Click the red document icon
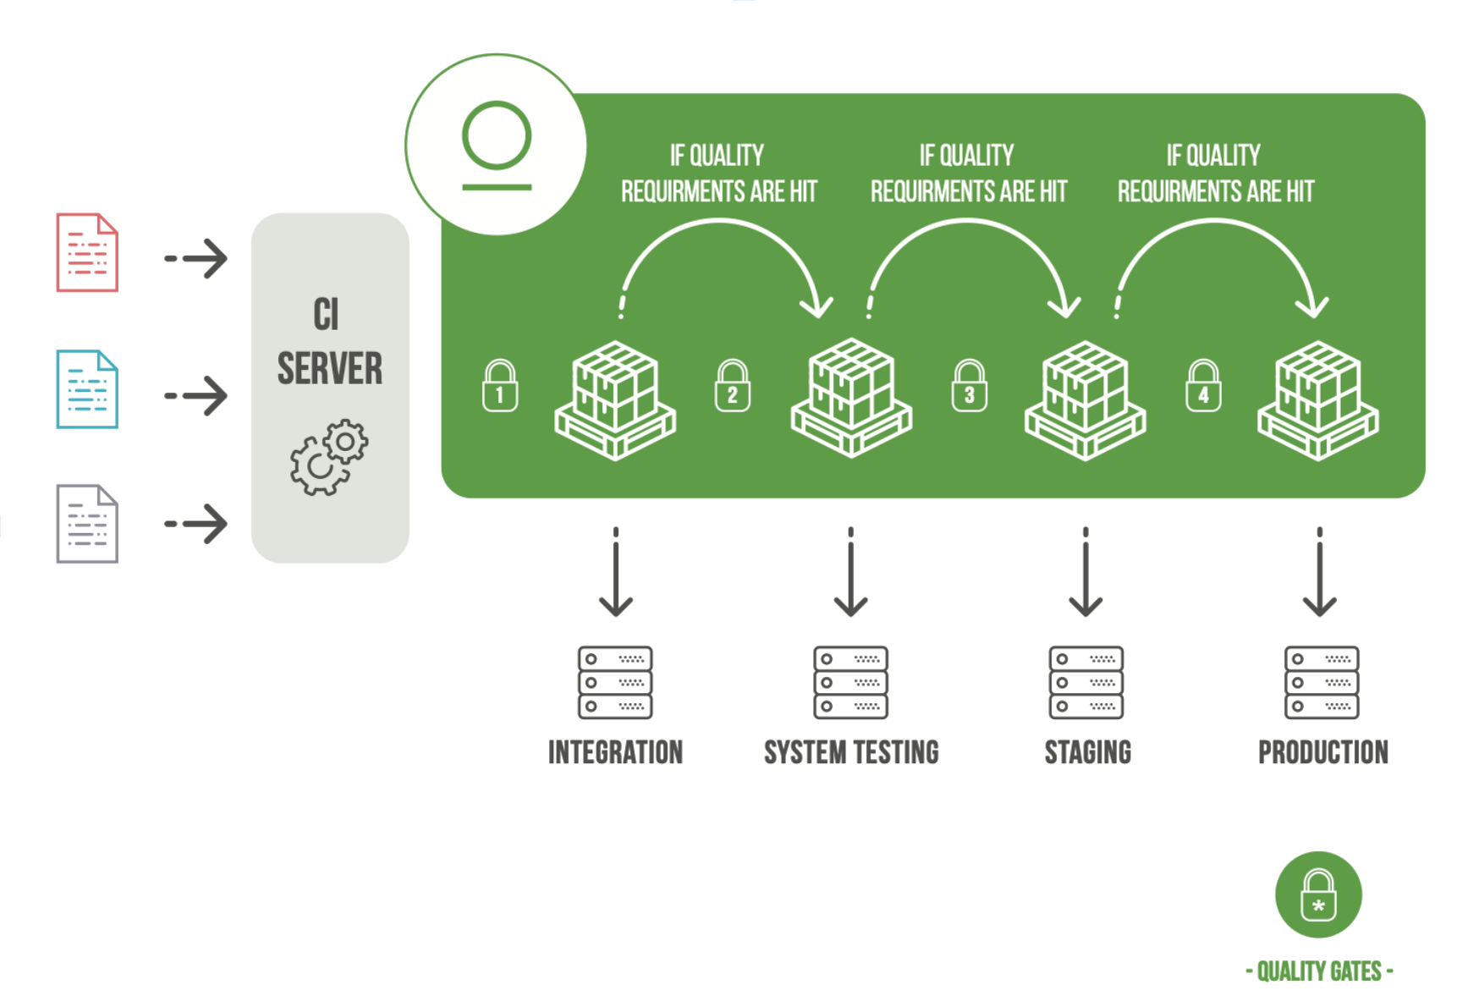click(87, 252)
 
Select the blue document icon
click(87, 389)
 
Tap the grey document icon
click(87, 524)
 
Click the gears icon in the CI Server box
click(329, 457)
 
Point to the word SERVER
click(330, 369)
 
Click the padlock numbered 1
click(500, 387)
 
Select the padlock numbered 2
click(733, 387)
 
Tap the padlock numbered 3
click(970, 387)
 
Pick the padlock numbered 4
click(1203, 387)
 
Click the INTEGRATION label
click(615, 752)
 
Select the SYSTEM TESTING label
click(851, 752)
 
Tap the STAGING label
click(1087, 752)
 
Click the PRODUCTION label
click(1323, 752)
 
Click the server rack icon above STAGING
click(1086, 682)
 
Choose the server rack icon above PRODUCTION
click(1322, 682)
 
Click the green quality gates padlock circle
click(1318, 894)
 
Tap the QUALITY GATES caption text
click(1319, 971)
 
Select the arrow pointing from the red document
click(196, 258)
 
